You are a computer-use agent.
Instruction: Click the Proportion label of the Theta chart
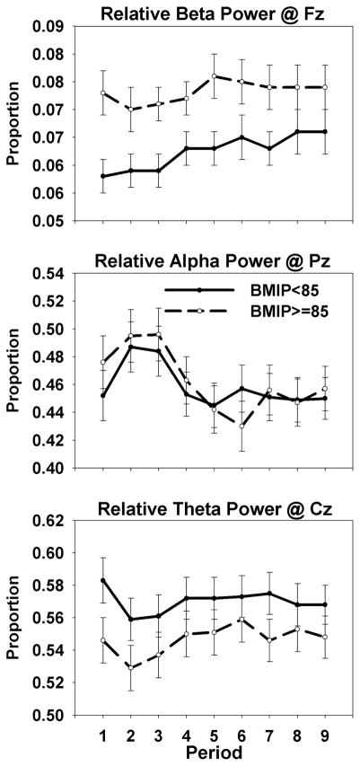13,630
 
